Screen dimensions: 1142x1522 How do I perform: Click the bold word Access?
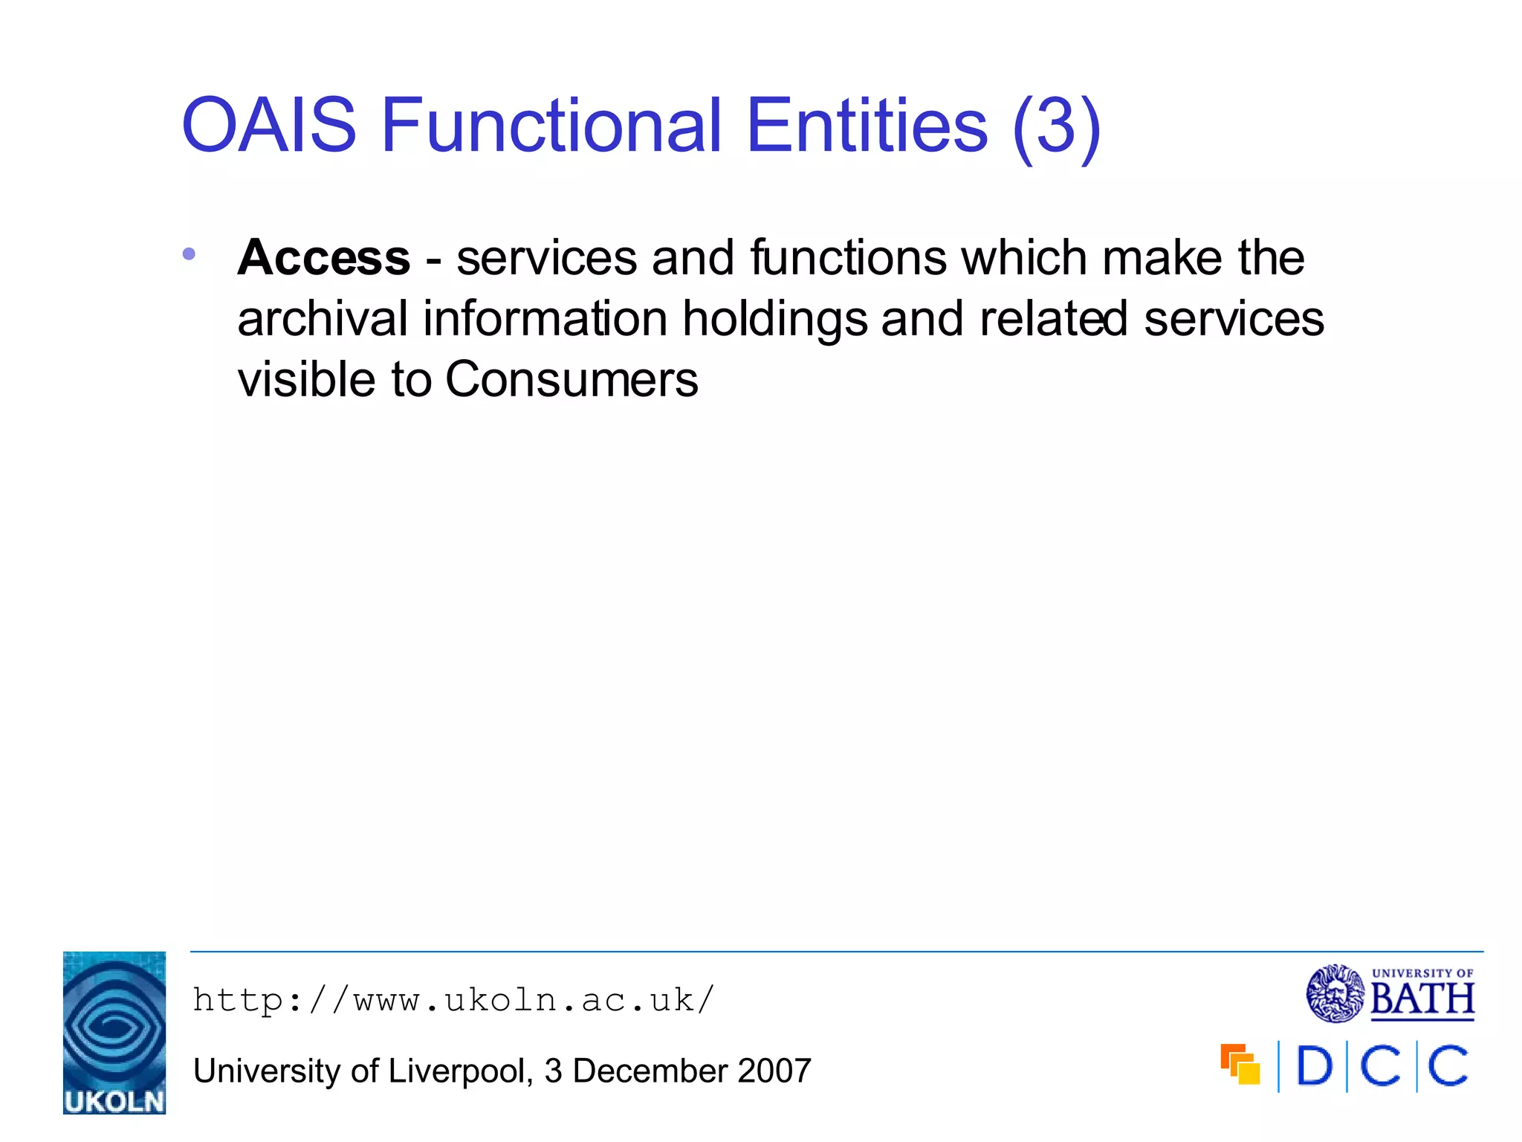(324, 258)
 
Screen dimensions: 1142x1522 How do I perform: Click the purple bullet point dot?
(189, 254)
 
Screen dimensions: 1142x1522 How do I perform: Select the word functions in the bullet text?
(848, 258)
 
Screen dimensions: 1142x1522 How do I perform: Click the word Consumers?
(571, 380)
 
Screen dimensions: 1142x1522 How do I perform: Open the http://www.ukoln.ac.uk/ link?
(453, 1000)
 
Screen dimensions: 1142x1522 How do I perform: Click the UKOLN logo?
(114, 1033)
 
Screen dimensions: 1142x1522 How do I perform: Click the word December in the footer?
(650, 1071)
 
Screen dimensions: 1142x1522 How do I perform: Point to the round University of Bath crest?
(1335, 993)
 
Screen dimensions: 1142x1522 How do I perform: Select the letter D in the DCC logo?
(1314, 1067)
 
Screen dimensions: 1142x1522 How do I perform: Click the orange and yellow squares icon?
(1240, 1065)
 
